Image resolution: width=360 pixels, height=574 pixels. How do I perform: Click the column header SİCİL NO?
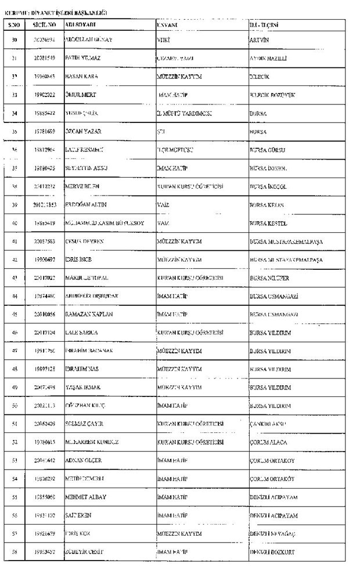[x=45, y=26]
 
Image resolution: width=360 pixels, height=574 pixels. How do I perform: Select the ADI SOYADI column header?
[x=80, y=26]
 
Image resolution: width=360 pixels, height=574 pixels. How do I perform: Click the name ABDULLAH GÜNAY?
[x=88, y=39]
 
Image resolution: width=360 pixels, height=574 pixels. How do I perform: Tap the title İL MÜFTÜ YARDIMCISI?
[x=185, y=113]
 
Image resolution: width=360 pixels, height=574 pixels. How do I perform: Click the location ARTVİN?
[x=259, y=39]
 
